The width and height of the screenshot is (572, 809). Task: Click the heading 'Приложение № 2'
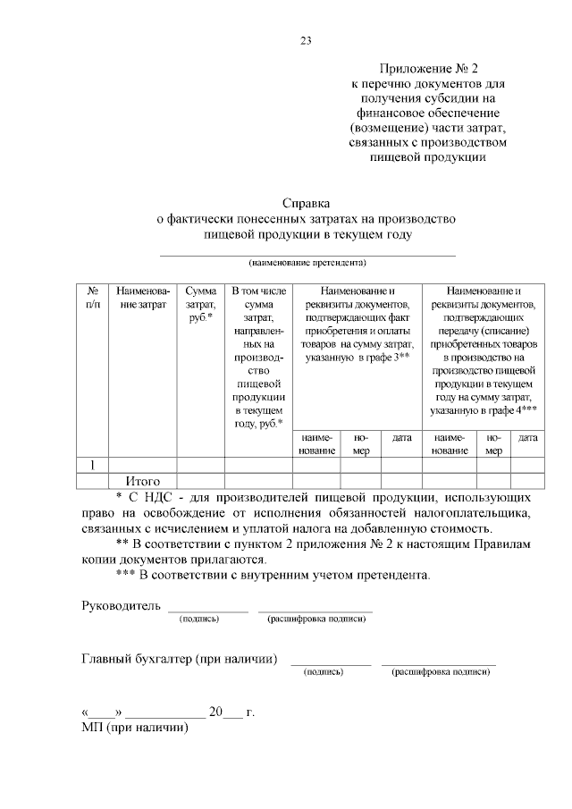[x=428, y=69]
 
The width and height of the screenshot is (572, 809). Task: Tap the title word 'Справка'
[x=307, y=204]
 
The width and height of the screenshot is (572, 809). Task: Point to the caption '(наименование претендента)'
[x=307, y=263]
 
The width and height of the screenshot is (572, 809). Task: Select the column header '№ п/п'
[x=92, y=298]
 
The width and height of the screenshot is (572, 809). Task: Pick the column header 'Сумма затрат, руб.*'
[x=201, y=304]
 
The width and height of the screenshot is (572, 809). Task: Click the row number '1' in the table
[x=92, y=465]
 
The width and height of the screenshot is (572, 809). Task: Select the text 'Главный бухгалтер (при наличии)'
[x=179, y=659]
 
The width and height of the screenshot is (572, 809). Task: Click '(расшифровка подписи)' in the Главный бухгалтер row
[x=440, y=671]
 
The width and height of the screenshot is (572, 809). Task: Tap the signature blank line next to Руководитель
[x=207, y=610]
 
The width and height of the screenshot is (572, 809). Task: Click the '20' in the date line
[x=215, y=712]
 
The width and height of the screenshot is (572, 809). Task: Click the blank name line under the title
[x=307, y=254]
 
